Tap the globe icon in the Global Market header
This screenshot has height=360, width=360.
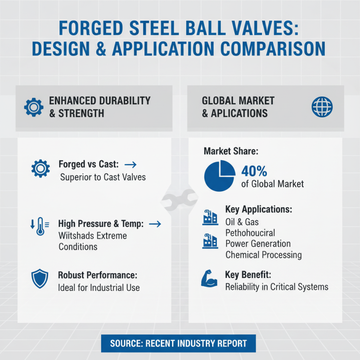click(x=322, y=107)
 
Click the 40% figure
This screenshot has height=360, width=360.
click(x=254, y=171)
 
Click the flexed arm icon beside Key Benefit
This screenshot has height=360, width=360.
click(x=208, y=279)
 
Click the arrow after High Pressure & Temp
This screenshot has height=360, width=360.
click(x=154, y=224)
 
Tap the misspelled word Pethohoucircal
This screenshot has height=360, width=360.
click(x=250, y=233)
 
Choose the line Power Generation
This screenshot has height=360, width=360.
click(x=258, y=244)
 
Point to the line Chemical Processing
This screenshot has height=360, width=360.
click(x=263, y=255)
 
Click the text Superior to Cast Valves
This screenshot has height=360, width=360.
click(x=103, y=177)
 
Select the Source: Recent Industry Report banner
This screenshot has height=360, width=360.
click(x=179, y=343)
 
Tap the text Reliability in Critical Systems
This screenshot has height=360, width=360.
click(x=277, y=287)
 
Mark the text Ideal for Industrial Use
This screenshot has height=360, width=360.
click(x=99, y=288)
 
